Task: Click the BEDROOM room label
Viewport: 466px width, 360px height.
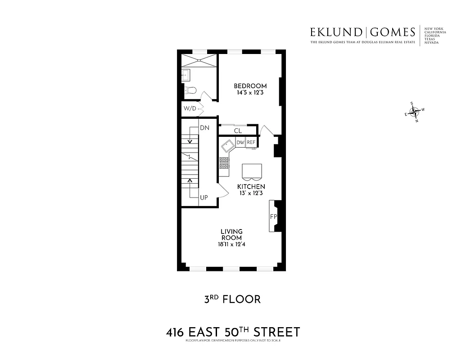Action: tap(250, 86)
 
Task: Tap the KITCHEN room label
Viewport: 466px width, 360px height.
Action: tap(251, 186)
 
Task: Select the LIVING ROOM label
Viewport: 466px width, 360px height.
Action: tap(231, 234)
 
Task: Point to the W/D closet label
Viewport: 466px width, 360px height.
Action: tap(190, 108)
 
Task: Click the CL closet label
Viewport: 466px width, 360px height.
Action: tap(238, 131)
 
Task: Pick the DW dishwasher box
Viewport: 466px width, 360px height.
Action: tap(240, 143)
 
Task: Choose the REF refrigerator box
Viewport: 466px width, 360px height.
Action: tap(251, 143)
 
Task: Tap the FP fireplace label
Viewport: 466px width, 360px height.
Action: tap(273, 216)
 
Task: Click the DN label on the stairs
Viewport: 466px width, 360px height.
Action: tap(205, 128)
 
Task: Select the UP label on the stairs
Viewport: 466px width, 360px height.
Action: tap(204, 198)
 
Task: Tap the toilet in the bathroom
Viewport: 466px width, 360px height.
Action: tap(190, 90)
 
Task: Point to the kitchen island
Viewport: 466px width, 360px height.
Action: tap(251, 171)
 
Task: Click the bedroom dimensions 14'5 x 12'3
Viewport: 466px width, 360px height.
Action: tap(250, 93)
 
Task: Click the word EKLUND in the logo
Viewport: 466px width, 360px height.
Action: tap(335, 32)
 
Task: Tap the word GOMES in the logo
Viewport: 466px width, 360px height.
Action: tap(394, 32)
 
